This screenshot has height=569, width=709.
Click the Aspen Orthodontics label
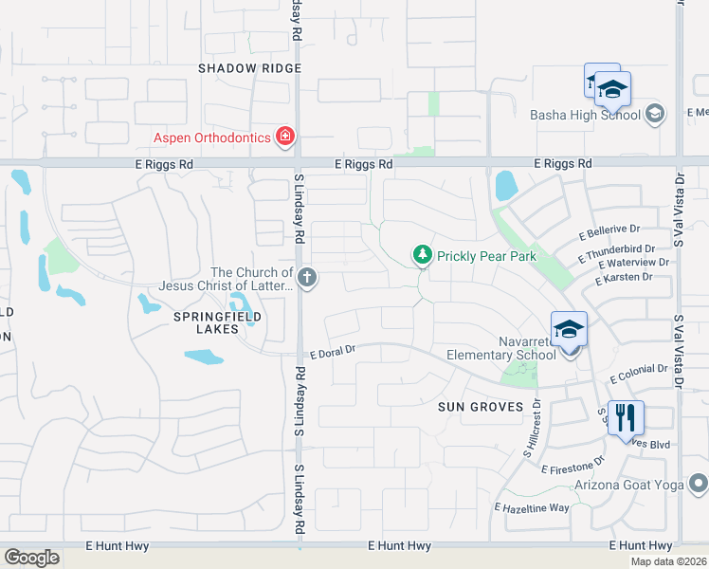211,138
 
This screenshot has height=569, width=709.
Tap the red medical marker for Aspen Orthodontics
283,138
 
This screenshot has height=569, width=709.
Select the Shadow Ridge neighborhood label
249,68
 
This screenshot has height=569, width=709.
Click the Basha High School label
585,116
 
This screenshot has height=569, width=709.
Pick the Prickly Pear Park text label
486,256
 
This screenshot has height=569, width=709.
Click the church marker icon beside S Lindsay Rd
306,278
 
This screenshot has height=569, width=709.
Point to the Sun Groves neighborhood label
481,407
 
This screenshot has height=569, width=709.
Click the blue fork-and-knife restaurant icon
626,417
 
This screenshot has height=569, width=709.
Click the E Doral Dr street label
331,350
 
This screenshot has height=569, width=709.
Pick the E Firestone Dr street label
573,466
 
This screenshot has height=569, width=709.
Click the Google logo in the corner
31,558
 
